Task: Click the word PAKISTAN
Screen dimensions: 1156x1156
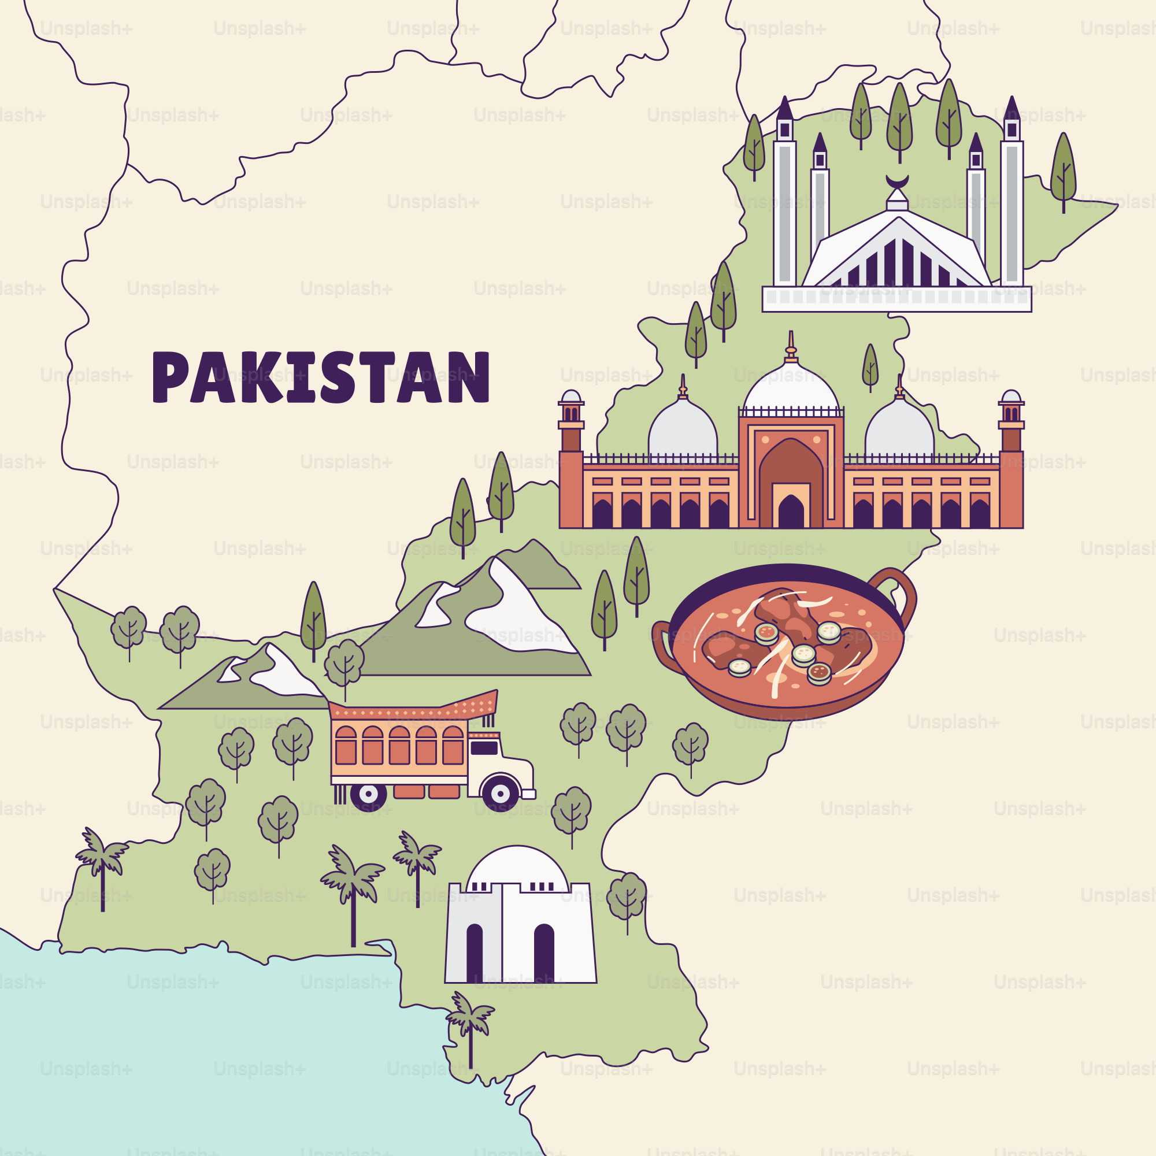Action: tap(321, 377)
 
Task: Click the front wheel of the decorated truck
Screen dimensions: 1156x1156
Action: tap(499, 794)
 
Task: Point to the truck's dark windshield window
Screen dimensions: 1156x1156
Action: tap(484, 748)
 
